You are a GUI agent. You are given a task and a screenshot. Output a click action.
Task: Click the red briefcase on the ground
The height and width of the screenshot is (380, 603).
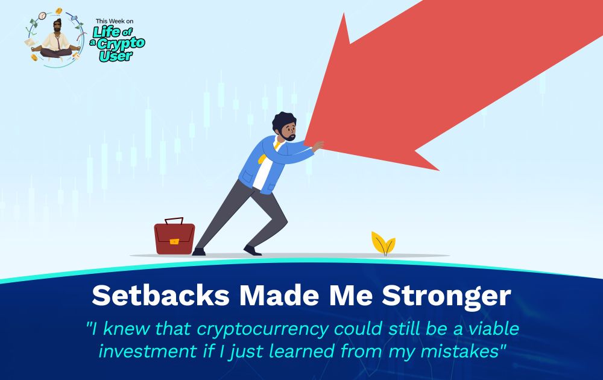coord(174,238)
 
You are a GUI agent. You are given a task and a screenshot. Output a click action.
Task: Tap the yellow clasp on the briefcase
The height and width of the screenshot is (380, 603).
coord(174,241)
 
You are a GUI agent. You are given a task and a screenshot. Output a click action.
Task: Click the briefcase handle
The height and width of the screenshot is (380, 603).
coord(174,221)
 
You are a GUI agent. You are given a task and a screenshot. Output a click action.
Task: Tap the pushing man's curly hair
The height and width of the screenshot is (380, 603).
coord(283,121)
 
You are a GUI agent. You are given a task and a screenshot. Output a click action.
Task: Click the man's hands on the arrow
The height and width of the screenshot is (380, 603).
coord(318,146)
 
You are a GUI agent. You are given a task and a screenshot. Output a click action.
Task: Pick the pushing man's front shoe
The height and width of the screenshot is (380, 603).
coord(253,251)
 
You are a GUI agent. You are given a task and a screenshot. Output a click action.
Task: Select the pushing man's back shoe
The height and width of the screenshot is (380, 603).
coord(198,252)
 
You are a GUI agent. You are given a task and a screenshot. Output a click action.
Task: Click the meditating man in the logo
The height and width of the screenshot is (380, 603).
coord(56,40)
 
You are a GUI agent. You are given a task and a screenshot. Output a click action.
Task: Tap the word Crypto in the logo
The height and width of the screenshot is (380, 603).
coord(121,43)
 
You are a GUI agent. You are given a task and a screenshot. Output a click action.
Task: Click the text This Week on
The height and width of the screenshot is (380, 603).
coord(115,21)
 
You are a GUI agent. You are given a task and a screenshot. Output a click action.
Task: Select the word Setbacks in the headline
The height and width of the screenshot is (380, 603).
coord(161,296)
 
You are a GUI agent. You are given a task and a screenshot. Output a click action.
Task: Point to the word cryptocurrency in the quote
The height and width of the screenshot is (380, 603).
coord(263,329)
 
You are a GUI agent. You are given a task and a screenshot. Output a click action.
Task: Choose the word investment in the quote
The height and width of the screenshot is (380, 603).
coord(147,352)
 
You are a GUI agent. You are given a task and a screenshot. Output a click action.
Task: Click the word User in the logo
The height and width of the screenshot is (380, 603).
coord(116,56)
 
